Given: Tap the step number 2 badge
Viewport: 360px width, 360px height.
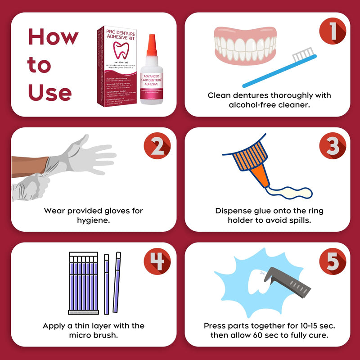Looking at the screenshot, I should point(157,146).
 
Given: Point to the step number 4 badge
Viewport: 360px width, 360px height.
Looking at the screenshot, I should point(157,262).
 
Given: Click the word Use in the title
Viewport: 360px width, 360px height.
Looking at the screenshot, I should point(49,92).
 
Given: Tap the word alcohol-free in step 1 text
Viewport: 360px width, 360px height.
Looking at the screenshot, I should point(234,105).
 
